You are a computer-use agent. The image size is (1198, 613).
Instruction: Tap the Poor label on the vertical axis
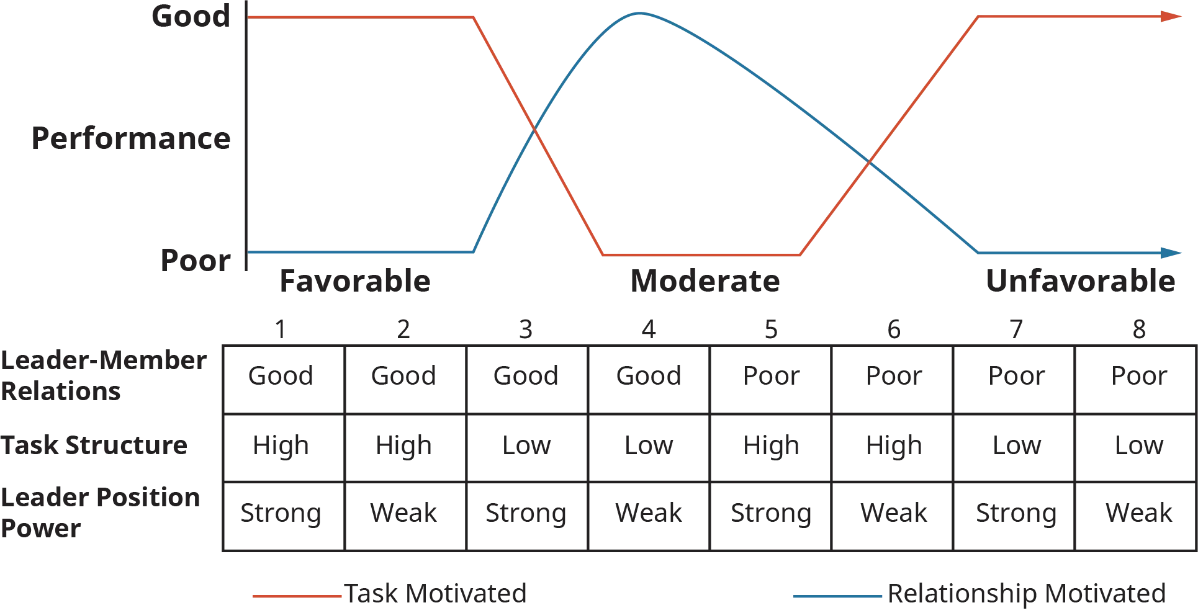195,260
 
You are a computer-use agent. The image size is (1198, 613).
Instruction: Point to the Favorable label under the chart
354,281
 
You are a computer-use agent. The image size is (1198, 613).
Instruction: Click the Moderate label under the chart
705,281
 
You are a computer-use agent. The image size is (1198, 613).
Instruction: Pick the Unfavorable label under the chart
1080,281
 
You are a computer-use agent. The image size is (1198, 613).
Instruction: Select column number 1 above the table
279,330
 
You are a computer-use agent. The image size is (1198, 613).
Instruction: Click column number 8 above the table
1139,330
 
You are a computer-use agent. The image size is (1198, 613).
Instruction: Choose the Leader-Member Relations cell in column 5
773,376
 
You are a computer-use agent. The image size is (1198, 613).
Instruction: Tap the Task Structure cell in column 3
526,445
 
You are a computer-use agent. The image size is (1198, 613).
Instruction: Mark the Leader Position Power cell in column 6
893,514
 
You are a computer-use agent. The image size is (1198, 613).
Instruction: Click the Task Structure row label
94,445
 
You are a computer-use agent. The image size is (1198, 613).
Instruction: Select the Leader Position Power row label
102,513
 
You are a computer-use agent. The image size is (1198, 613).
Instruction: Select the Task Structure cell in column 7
1016,445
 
